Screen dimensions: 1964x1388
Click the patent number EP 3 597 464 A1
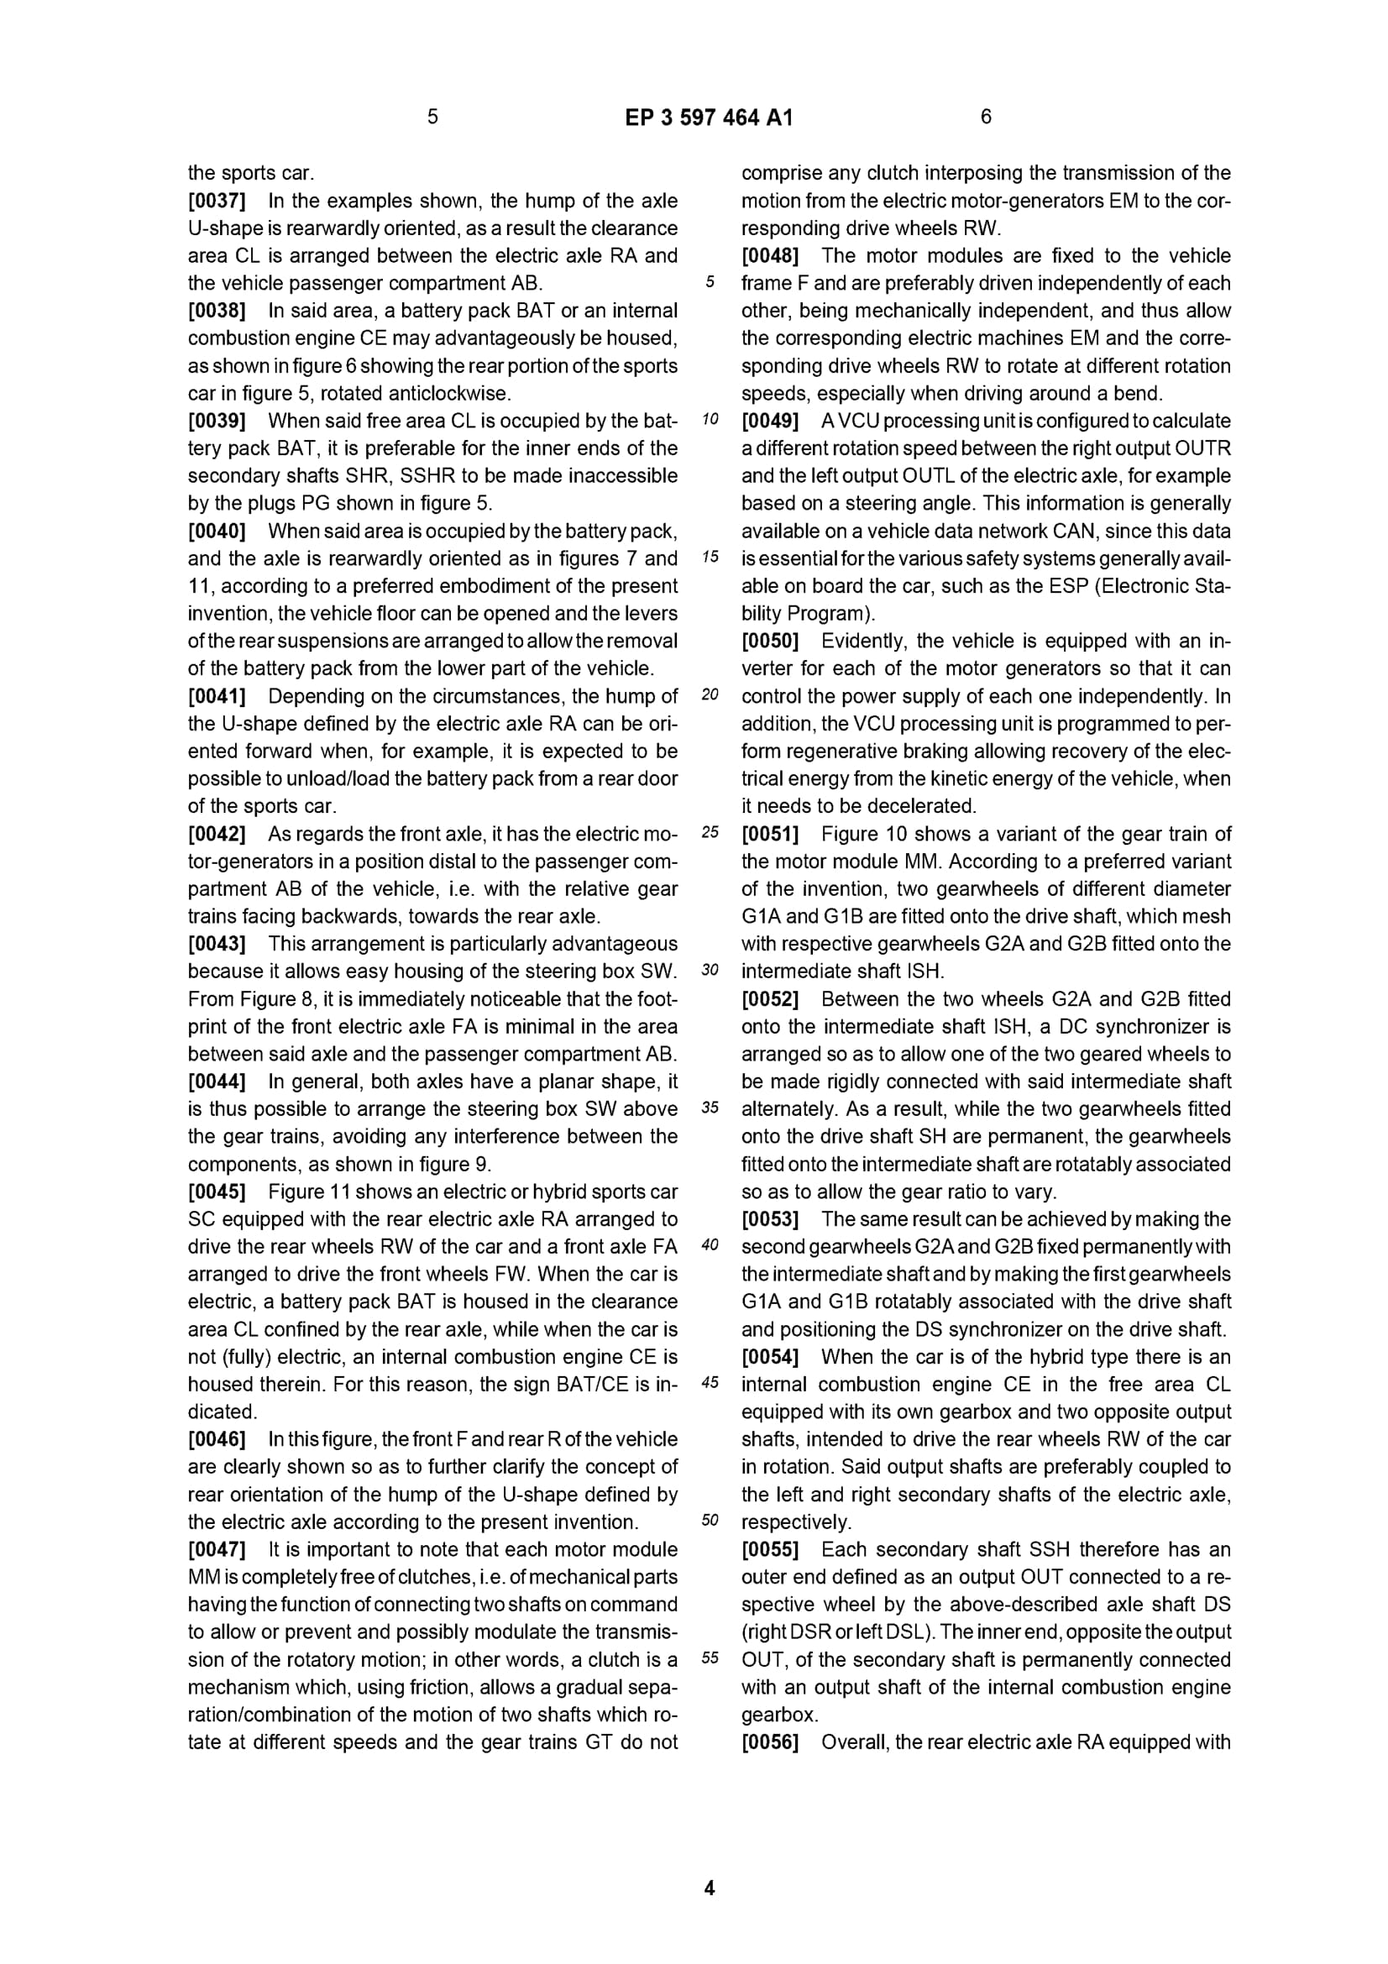tap(708, 118)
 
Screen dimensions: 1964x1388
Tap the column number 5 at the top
tap(432, 117)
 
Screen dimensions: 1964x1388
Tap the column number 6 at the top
tap(985, 117)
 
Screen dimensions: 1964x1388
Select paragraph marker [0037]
tap(217, 201)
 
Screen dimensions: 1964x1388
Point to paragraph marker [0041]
tap(217, 696)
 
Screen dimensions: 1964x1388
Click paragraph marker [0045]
tap(217, 1191)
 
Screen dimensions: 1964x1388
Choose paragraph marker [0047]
tap(217, 1549)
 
